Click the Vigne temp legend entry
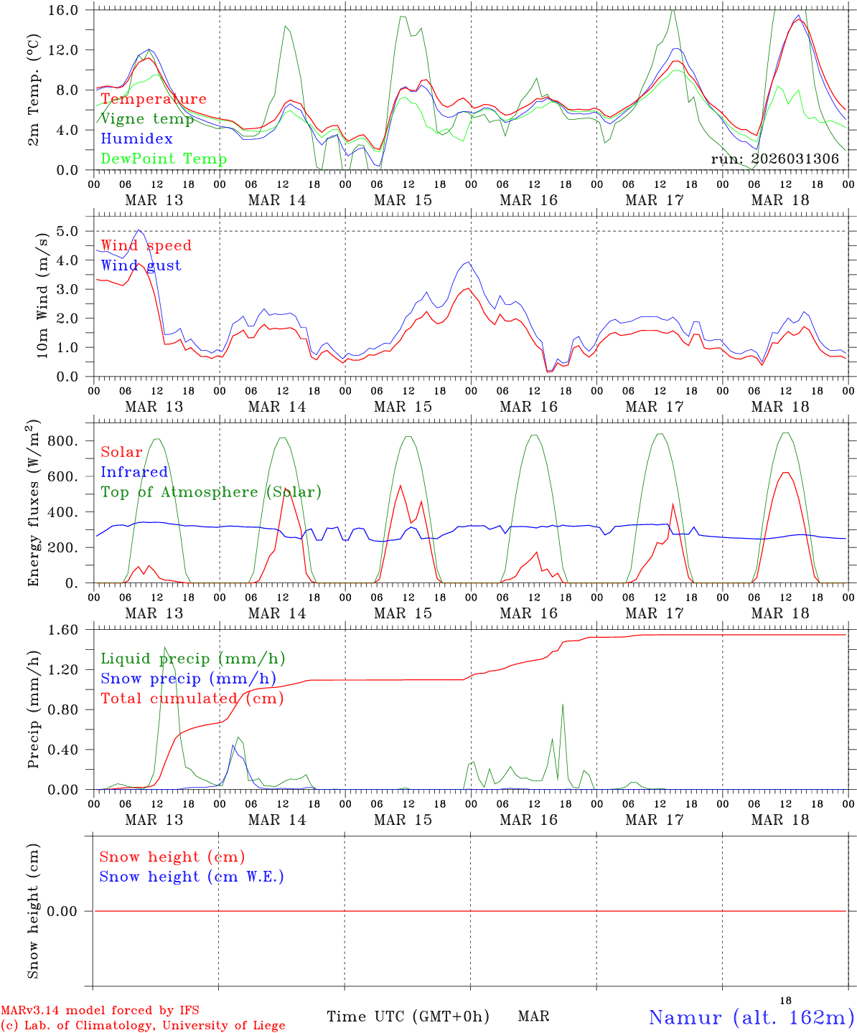coord(147,119)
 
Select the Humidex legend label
coord(136,138)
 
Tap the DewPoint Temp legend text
coord(164,159)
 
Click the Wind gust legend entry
coord(141,265)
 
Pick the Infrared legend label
coord(134,472)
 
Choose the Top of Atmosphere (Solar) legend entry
coord(211,492)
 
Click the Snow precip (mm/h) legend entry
coord(188,679)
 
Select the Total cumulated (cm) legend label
coord(192,698)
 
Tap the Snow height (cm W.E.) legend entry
coord(192,877)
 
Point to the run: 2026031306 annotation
coord(774,159)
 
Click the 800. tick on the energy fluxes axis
coord(63,441)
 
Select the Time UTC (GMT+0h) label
coord(408,1017)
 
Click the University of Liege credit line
coord(143,1025)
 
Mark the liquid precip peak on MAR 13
coord(164,648)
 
